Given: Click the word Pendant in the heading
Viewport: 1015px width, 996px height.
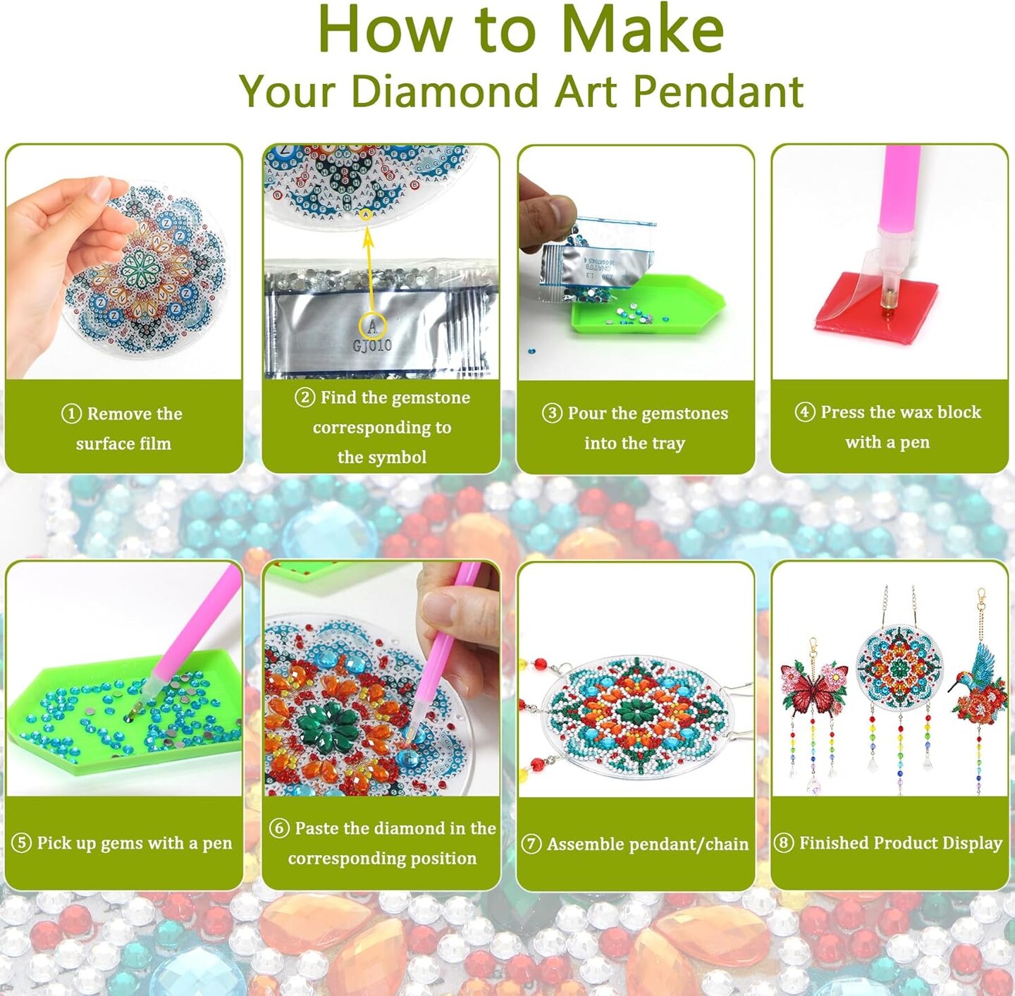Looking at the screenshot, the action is click(x=718, y=92).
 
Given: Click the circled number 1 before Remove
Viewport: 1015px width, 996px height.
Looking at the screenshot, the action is click(x=71, y=414).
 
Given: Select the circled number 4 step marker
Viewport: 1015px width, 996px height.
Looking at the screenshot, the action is click(x=804, y=412).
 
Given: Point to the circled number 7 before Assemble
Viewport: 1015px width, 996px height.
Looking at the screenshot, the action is click(x=531, y=844).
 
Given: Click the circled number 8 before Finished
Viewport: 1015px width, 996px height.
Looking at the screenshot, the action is click(x=783, y=843).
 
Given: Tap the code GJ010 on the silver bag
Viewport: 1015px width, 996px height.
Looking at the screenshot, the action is click(x=372, y=345).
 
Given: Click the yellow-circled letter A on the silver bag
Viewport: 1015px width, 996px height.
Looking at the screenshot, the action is click(x=372, y=327).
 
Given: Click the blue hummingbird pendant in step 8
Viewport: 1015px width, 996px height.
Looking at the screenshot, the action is click(x=977, y=685).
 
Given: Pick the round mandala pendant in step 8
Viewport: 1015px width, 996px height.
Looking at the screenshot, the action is click(x=899, y=668).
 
